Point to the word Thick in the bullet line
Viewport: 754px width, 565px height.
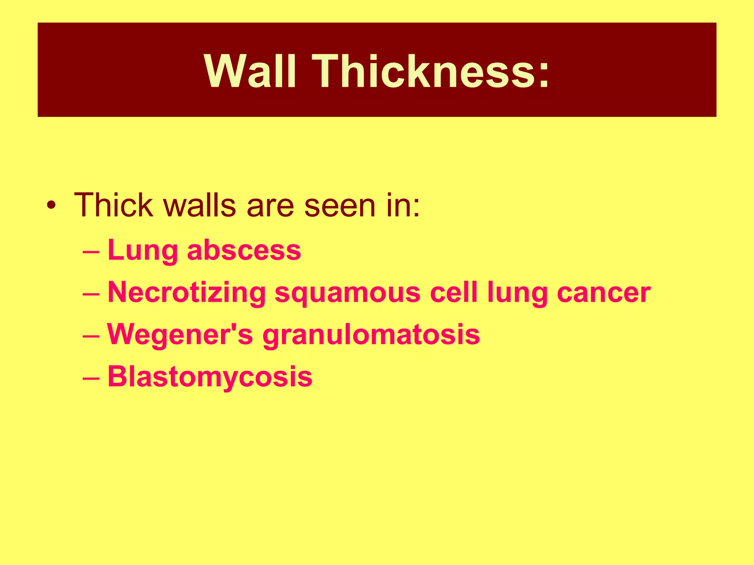(113, 205)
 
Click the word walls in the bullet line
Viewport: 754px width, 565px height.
(199, 205)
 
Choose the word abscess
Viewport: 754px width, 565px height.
(244, 250)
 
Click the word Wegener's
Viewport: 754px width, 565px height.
(180, 335)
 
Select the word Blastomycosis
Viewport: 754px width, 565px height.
(210, 377)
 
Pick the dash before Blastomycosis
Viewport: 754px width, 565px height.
(91, 379)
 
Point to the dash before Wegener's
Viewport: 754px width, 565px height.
(91, 336)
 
